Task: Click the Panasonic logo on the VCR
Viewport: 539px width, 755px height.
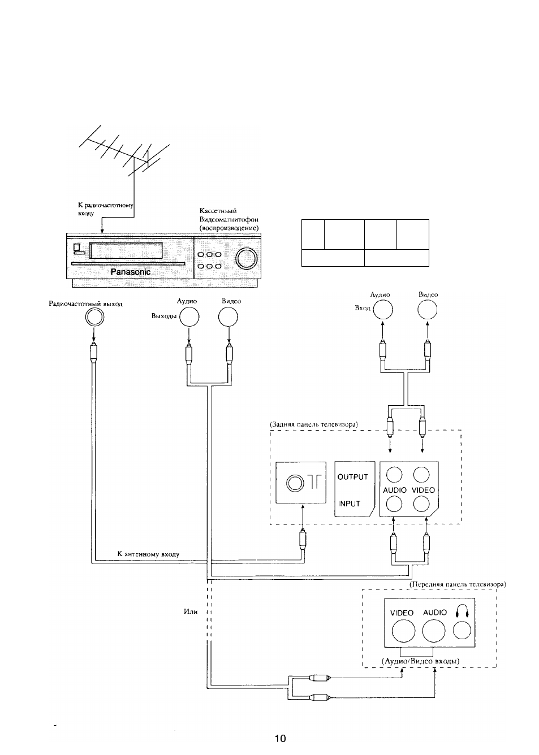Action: coord(131,272)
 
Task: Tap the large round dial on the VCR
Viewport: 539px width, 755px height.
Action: coord(246,259)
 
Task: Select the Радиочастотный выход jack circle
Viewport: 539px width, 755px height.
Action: coord(94,317)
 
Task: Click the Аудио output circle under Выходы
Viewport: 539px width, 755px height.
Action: coord(189,317)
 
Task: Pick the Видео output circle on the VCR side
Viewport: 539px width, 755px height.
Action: coord(228,317)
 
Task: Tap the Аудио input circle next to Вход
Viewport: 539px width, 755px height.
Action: coord(383,309)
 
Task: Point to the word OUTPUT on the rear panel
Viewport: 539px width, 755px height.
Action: coord(352,477)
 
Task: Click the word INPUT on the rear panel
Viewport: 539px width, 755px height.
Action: coord(349,504)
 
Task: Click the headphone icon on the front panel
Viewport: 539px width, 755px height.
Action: coord(462,611)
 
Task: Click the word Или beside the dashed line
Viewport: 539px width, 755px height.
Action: coord(191,611)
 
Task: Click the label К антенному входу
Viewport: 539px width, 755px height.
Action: coord(148,554)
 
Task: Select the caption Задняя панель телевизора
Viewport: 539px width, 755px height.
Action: coord(314,424)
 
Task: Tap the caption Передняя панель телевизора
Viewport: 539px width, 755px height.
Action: coord(458,584)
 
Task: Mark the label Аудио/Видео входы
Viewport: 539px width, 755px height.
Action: coord(420,661)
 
